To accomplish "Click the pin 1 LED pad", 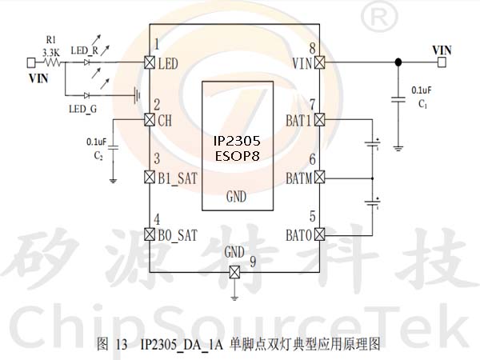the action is point(150,62).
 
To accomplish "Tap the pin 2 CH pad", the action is point(150,119).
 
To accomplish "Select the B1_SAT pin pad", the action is point(150,177).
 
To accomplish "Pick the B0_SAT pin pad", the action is point(150,234).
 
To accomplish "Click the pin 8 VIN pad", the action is point(319,62).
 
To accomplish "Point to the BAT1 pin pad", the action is point(319,119).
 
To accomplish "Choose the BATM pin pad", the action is point(319,177).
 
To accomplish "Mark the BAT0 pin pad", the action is point(319,234).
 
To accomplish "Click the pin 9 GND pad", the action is point(234,272).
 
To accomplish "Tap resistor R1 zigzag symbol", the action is point(53,62).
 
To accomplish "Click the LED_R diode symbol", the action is point(86,62).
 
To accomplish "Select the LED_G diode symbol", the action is point(86,95).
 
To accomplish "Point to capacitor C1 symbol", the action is point(398,100).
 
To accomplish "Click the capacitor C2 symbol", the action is point(113,147).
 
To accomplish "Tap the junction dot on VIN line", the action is point(398,62).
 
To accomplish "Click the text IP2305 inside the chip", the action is point(237,141).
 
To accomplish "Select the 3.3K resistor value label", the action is point(51,53).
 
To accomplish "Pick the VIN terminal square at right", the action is point(442,62).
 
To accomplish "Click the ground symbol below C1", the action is point(398,149).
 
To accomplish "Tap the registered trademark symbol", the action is point(379,18).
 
